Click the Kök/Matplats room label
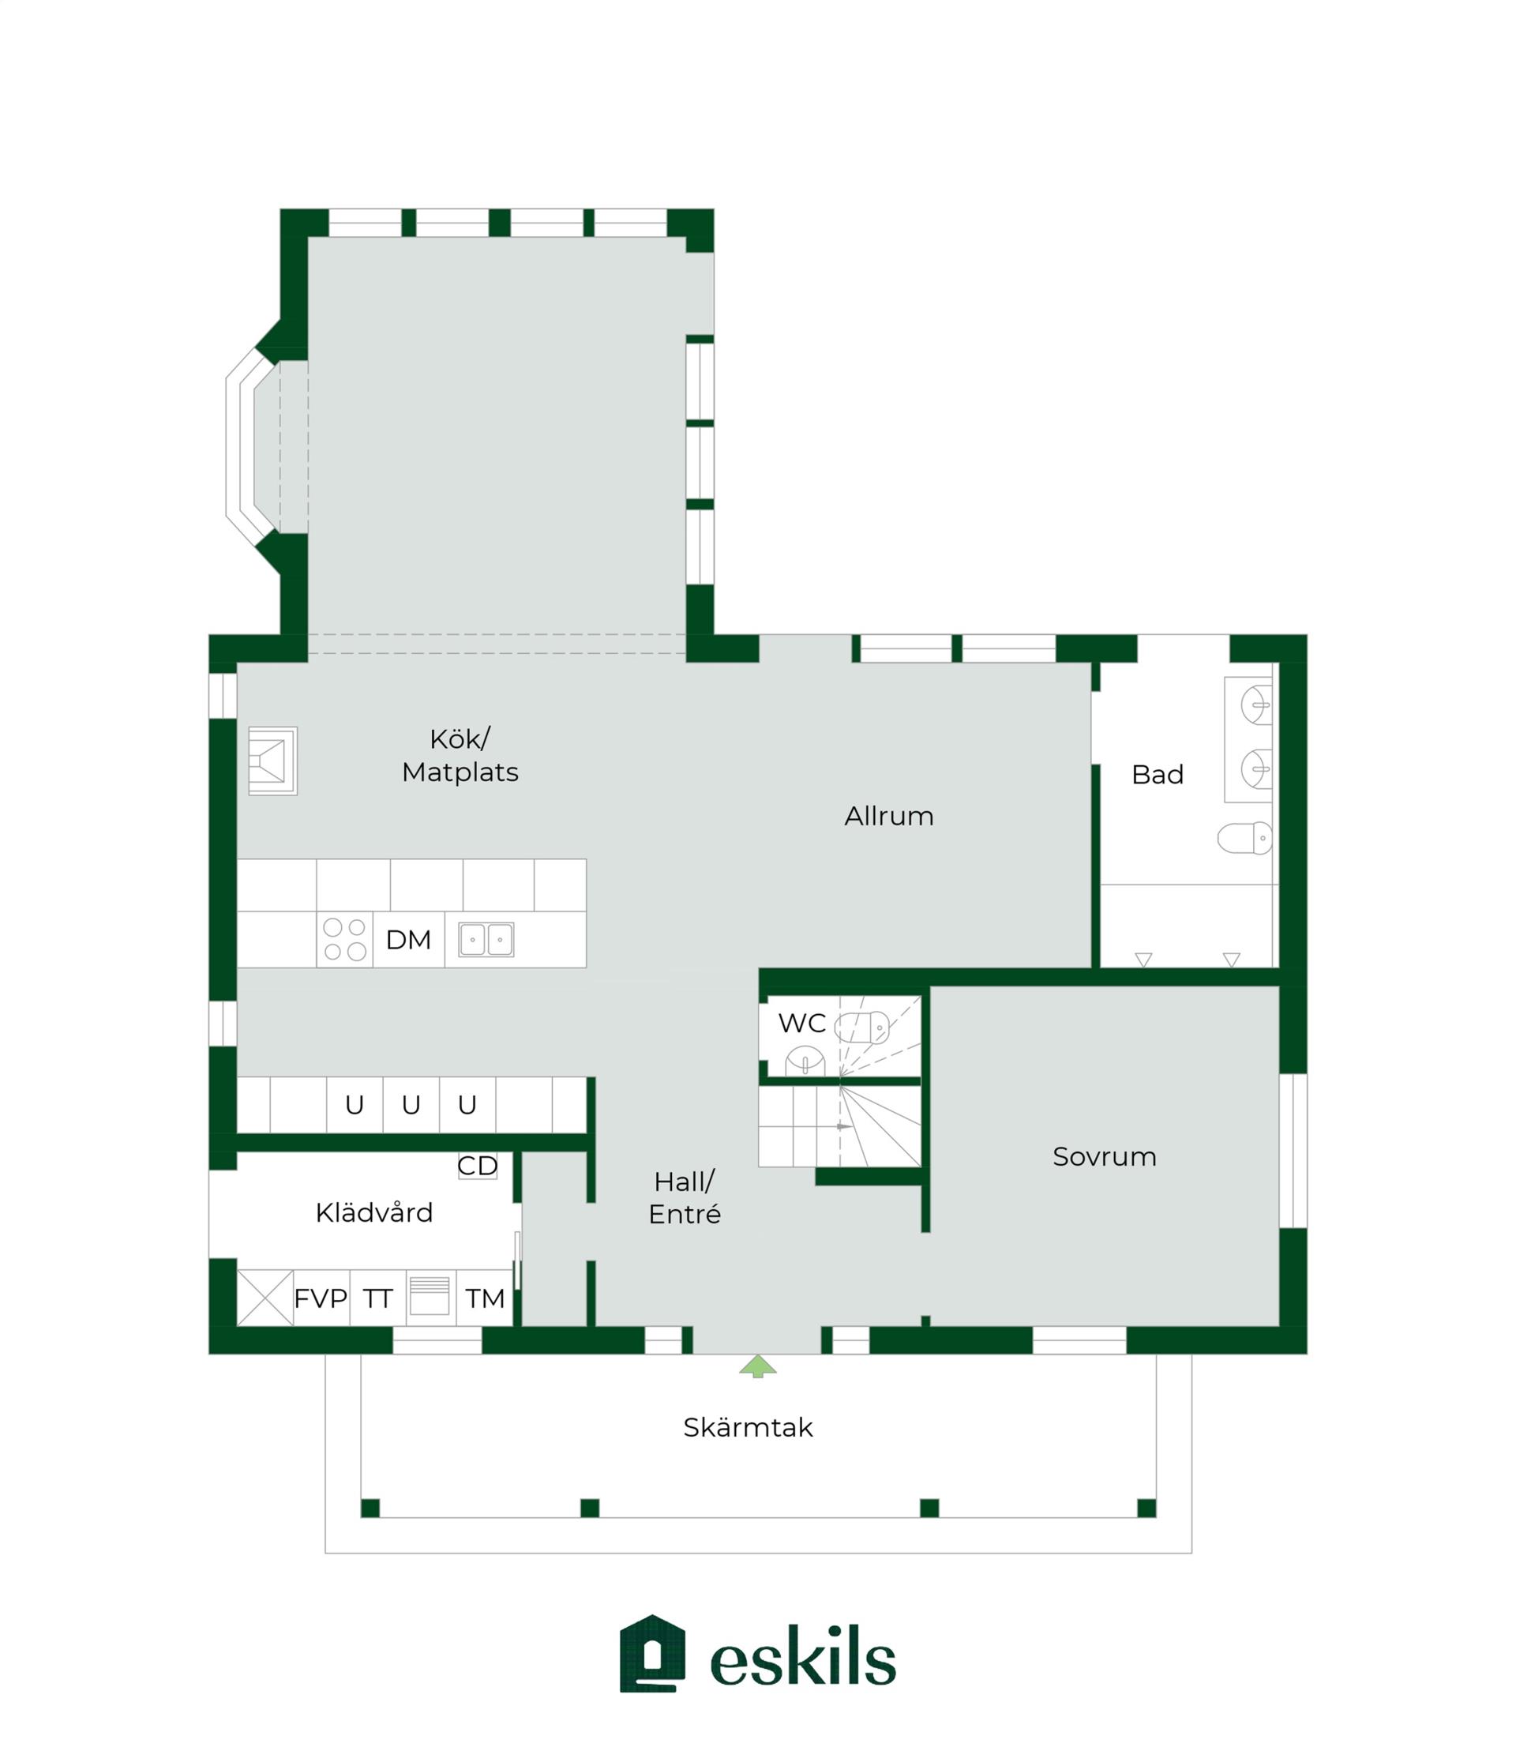460,755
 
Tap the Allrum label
888,817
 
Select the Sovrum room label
1105,1156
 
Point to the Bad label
1158,775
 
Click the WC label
801,1023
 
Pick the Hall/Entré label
685,1197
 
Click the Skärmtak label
749,1427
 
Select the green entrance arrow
757,1366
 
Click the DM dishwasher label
408,940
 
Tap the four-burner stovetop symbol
344,940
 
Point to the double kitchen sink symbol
486,940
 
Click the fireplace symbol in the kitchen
272,761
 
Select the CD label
477,1166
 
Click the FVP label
321,1298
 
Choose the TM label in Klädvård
485,1298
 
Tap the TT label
377,1298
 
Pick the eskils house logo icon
652,1653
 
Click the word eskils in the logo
803,1655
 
